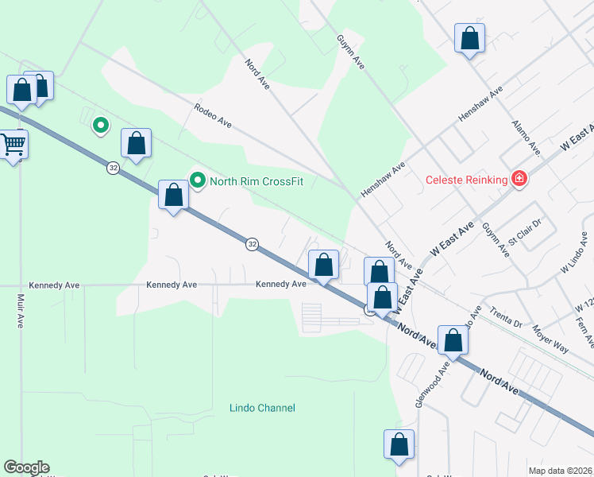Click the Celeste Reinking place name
click(466, 180)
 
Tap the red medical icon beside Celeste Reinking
click(519, 179)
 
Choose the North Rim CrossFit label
click(256, 181)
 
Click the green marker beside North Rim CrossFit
click(197, 180)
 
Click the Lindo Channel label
click(261, 408)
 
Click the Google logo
click(27, 467)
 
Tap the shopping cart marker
click(13, 145)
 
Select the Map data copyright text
click(561, 471)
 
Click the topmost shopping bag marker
click(469, 38)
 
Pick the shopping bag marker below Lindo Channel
click(399, 444)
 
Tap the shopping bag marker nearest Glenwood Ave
click(453, 340)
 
